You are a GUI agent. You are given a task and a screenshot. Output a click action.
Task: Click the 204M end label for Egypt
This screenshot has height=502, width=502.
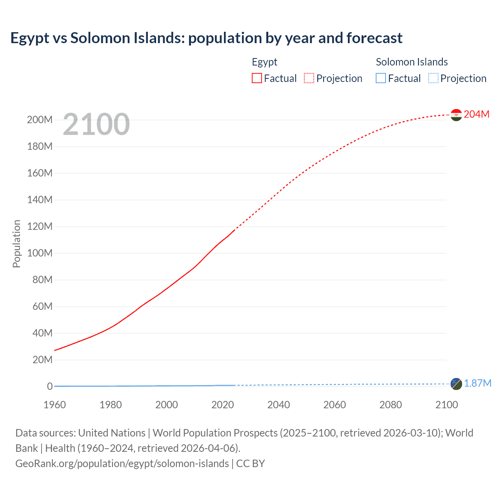pyautogui.click(x=477, y=114)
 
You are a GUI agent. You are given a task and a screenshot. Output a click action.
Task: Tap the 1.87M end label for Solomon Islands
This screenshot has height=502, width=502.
pyautogui.click(x=477, y=383)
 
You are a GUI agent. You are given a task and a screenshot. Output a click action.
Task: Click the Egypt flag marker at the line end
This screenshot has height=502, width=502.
pyautogui.click(x=456, y=115)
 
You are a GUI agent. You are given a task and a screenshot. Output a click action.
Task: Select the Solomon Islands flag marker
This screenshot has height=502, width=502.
pyautogui.click(x=456, y=384)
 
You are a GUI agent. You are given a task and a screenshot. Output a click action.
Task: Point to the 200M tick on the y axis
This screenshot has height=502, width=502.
pyautogui.click(x=40, y=120)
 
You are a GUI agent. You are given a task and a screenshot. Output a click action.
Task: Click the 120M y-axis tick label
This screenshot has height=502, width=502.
pyautogui.click(x=40, y=227)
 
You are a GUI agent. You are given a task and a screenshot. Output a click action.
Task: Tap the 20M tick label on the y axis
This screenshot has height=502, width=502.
pyautogui.click(x=42, y=360)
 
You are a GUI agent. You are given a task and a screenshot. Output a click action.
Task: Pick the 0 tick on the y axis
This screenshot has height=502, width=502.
pyautogui.click(x=50, y=387)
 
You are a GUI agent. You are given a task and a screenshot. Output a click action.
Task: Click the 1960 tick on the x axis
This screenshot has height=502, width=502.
pyautogui.click(x=55, y=405)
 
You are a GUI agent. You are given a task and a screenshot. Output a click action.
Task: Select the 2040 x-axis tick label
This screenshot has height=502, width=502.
pyautogui.click(x=278, y=405)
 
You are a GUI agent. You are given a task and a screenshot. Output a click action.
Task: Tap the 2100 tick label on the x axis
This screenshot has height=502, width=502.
pyautogui.click(x=446, y=405)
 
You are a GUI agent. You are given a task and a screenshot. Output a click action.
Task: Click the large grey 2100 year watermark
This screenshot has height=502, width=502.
pyautogui.click(x=96, y=124)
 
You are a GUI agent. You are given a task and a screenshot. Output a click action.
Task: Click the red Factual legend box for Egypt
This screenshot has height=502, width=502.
pyautogui.click(x=256, y=78)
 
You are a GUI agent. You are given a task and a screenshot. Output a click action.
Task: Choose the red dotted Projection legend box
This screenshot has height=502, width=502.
pyautogui.click(x=309, y=78)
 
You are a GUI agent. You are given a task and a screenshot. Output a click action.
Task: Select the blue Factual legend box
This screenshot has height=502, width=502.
pyautogui.click(x=381, y=78)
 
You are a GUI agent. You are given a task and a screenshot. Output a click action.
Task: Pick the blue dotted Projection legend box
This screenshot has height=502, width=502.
pyautogui.click(x=433, y=78)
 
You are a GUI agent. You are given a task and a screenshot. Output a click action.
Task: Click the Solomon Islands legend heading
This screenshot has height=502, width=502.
pyautogui.click(x=411, y=62)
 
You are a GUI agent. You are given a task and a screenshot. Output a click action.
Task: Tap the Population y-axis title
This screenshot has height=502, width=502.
pyautogui.click(x=16, y=244)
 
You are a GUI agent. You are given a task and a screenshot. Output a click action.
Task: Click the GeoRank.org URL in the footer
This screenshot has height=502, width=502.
pyautogui.click(x=122, y=464)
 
